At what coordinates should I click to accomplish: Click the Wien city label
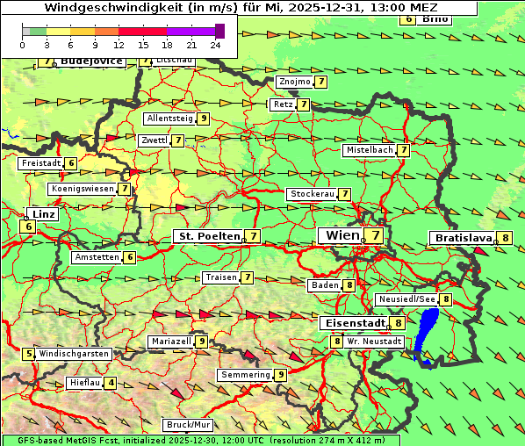click(x=339, y=235)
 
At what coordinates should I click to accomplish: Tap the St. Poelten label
click(x=208, y=236)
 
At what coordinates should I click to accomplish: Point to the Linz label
click(x=43, y=214)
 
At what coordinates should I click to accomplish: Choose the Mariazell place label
click(x=170, y=342)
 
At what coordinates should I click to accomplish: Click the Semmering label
click(x=245, y=375)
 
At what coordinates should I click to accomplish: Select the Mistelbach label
click(x=369, y=150)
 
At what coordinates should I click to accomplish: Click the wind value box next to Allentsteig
click(x=204, y=119)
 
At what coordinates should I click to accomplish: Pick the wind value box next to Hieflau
click(x=111, y=384)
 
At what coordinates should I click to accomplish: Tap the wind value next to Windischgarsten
click(x=30, y=354)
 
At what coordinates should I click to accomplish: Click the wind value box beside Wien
click(x=376, y=235)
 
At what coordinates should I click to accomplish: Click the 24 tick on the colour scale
click(x=215, y=43)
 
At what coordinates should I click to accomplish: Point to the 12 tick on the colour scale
click(x=118, y=43)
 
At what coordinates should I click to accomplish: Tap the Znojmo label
click(x=293, y=82)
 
